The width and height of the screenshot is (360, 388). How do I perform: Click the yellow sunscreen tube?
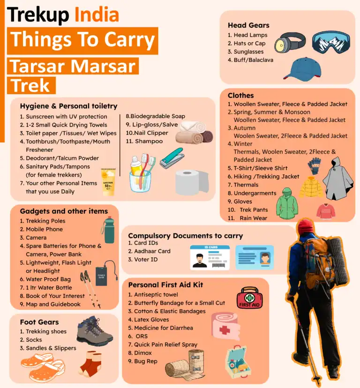pos(108,181)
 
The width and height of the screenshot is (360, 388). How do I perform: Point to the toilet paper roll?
pos(191,182)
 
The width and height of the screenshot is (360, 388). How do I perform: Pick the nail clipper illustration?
pos(172,158)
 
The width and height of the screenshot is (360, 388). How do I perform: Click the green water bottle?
pos(109,230)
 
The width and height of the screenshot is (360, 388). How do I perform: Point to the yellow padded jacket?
pos(311,187)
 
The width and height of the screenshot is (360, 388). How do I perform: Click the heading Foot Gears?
pos(39,322)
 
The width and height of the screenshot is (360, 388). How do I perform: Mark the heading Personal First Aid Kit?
pos(165,284)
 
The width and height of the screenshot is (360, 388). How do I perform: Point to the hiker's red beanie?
pos(305,226)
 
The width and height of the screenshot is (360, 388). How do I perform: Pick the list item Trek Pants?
pos(254,209)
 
